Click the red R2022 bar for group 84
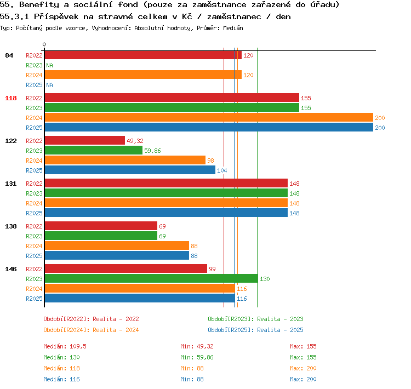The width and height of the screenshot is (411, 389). click(x=143, y=55)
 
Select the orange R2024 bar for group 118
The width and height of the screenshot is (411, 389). click(x=209, y=117)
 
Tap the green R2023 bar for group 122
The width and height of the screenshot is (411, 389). click(x=94, y=150)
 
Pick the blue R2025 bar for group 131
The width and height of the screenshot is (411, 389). click(x=166, y=213)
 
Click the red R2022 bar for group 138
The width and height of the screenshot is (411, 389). click(x=101, y=226)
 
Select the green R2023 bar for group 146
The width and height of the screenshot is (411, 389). click(x=151, y=278)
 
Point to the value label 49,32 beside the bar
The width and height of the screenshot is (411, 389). click(x=135, y=141)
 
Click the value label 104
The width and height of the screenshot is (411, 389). click(x=222, y=170)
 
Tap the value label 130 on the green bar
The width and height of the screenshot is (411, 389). click(x=265, y=279)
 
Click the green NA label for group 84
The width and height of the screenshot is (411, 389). click(x=49, y=65)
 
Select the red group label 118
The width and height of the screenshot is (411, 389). click(x=11, y=98)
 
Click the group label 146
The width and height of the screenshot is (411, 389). click(x=11, y=269)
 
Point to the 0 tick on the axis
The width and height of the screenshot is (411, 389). click(x=44, y=44)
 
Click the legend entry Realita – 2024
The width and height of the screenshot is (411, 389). click(x=116, y=330)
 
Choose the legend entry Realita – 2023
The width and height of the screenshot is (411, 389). click(x=280, y=319)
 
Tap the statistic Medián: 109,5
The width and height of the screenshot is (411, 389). click(x=65, y=346)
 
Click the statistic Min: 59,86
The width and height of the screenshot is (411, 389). click(x=197, y=357)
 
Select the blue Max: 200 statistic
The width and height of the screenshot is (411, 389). click(x=303, y=379)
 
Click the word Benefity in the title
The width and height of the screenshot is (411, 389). click(x=39, y=5)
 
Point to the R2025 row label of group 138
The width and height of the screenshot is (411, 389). click(x=34, y=256)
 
